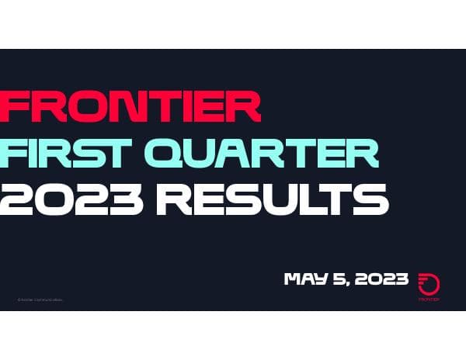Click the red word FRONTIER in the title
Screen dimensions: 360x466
click(x=130, y=106)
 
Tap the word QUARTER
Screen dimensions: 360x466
click(x=272, y=154)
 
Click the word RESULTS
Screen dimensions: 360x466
click(x=272, y=199)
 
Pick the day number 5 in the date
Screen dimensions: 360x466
click(x=335, y=279)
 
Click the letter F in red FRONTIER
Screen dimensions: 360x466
click(x=17, y=106)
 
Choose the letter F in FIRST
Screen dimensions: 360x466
click(x=16, y=153)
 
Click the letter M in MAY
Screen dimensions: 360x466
click(x=294, y=279)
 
